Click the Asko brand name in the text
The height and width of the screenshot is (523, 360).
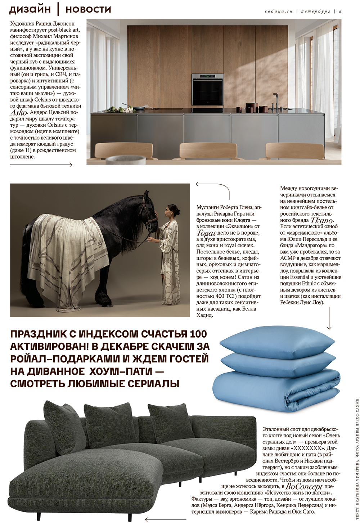pos(18,113)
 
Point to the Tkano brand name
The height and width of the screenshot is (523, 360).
pos(322,220)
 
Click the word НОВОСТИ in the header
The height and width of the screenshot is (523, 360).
pos(88,9)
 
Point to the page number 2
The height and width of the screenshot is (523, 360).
pos(340,12)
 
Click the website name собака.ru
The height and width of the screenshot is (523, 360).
pos(279,12)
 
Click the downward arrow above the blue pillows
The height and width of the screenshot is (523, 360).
pos(329,320)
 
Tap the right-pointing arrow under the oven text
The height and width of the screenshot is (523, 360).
pos(41,165)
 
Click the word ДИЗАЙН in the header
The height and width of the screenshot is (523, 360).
pos(30,9)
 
